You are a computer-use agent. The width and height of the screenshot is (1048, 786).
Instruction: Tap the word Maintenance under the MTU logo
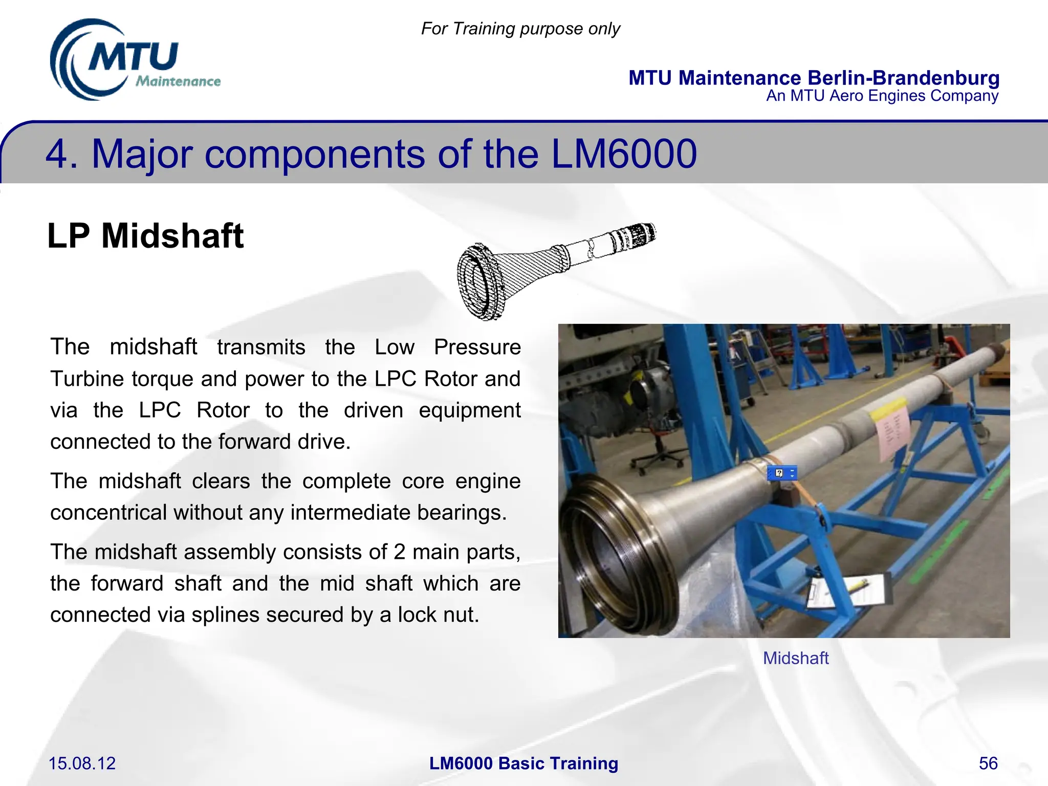(x=178, y=81)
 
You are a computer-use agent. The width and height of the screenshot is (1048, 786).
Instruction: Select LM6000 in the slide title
(x=624, y=154)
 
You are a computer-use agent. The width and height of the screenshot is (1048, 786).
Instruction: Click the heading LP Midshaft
(x=145, y=236)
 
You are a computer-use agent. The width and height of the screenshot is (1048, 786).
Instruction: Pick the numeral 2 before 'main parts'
(x=400, y=552)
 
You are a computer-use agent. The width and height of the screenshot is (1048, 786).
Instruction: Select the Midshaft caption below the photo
(x=795, y=658)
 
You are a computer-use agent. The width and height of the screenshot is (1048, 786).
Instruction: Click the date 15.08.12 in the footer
(x=82, y=763)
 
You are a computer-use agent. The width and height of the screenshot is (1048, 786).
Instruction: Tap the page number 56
(x=988, y=763)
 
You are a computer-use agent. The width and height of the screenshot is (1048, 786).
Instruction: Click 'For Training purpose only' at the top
(x=520, y=29)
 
